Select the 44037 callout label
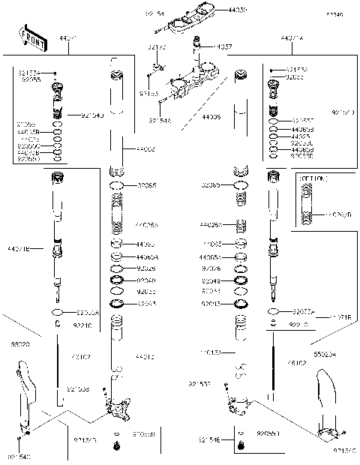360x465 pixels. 223,46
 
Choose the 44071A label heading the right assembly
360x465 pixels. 292,37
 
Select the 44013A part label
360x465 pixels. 211,352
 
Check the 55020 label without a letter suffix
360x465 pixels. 19,346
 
